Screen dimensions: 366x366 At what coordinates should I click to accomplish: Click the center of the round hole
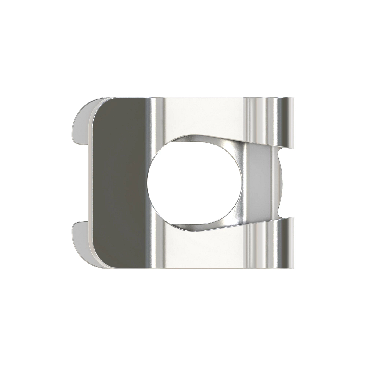(195, 182)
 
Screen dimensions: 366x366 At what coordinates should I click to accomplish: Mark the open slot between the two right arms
(288, 182)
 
